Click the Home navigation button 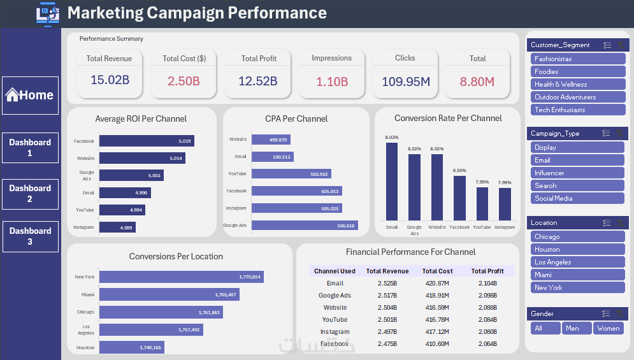pos(30,96)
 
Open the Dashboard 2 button pos(30,194)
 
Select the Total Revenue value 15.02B pos(110,81)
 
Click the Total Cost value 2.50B pos(184,81)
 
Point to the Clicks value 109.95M pos(405,81)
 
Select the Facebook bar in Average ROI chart pos(147,141)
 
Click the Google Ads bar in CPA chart pos(305,225)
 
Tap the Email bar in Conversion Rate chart pos(392,182)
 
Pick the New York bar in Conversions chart pos(181,277)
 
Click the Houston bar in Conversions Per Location pos(131,347)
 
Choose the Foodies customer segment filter pos(577,71)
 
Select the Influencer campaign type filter pos(577,173)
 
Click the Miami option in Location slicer pos(577,275)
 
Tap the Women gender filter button pos(609,328)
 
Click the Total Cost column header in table pos(437,271)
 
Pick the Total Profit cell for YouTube pos(487,319)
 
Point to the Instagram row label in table pos(335,331)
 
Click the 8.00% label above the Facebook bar pos(459,170)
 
